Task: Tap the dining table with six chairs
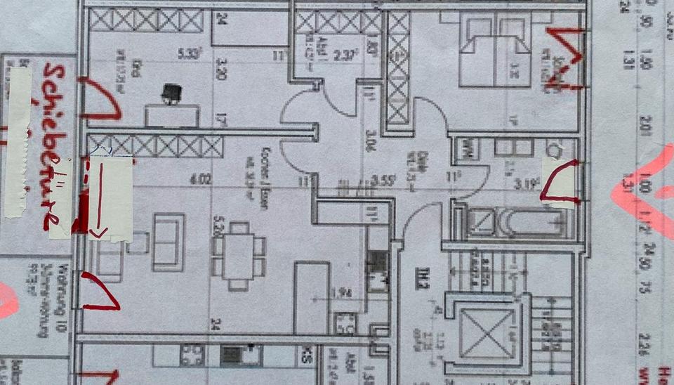[x=239, y=256]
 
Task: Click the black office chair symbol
[x=171, y=93]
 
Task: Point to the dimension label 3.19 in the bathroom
[x=525, y=185]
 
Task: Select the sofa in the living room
[x=168, y=242]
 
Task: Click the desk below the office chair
[x=172, y=115]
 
